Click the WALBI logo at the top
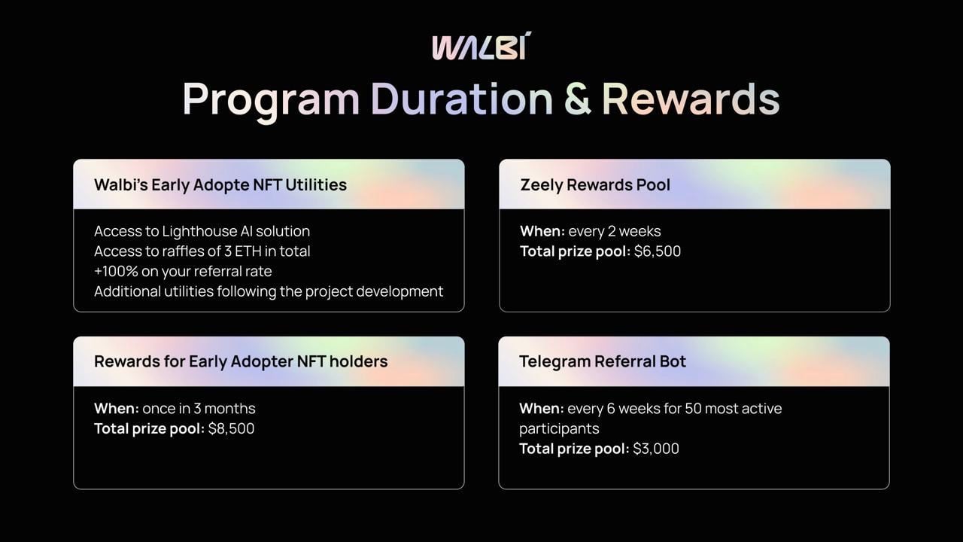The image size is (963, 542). [x=481, y=45]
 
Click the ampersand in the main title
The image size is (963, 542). [x=577, y=99]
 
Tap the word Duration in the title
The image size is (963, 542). [x=461, y=99]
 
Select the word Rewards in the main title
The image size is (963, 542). [x=691, y=99]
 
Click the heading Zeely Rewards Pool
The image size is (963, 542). [x=595, y=185]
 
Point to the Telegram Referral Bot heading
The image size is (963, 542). [x=603, y=361]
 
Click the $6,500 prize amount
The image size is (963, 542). [x=658, y=251]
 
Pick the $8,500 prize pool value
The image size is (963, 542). [x=231, y=428]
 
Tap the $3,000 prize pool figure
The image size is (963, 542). [x=656, y=449]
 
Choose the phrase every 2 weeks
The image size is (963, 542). [x=615, y=231]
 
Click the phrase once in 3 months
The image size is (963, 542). [x=199, y=408]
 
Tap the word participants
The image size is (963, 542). [x=559, y=429]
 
